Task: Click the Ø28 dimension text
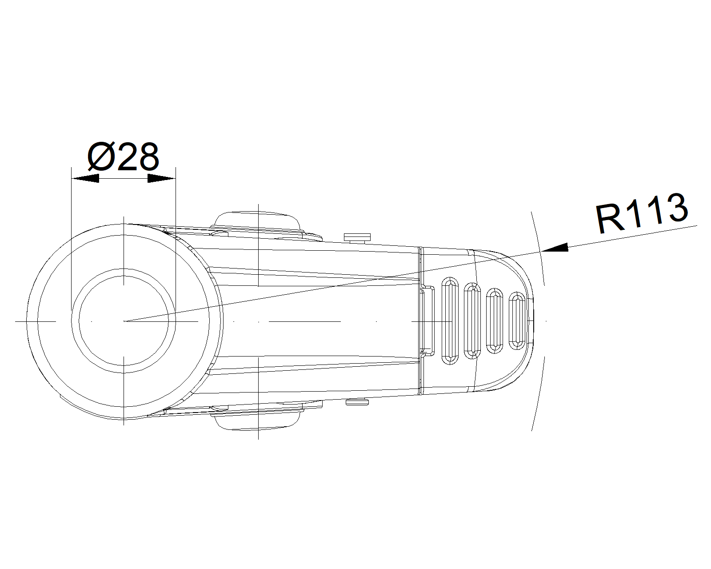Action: click(x=123, y=157)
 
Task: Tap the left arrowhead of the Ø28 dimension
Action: click(x=85, y=179)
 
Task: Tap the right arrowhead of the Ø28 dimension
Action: click(x=161, y=179)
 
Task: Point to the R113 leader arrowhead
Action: click(x=555, y=248)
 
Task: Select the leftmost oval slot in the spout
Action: click(x=450, y=321)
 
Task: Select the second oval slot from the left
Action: click(x=472, y=321)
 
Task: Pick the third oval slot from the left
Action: click(x=495, y=321)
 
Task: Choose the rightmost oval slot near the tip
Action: click(x=517, y=321)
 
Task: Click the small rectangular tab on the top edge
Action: click(x=357, y=237)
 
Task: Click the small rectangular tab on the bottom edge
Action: click(x=357, y=402)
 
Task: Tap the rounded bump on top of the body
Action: click(x=258, y=220)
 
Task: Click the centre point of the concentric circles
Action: click(x=124, y=321)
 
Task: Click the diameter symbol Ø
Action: click(x=101, y=157)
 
